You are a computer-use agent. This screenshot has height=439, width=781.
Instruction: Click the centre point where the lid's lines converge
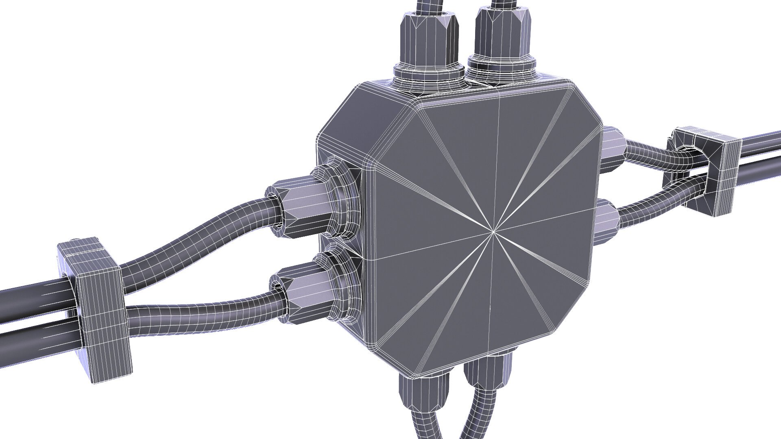(493, 232)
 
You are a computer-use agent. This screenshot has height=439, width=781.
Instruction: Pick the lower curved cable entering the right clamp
(651, 203)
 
